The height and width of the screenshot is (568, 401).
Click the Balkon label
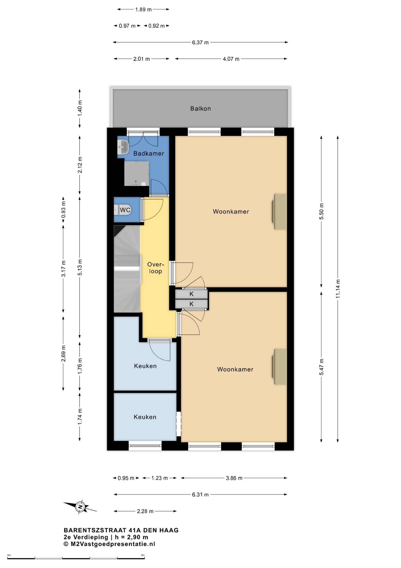tap(200, 109)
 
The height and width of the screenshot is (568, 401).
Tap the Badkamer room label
tap(149, 153)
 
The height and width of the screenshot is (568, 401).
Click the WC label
tap(125, 210)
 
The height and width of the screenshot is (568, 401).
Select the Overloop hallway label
tap(155, 268)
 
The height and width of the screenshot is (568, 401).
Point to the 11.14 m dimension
tap(338, 288)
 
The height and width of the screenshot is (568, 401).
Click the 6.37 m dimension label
tap(200, 42)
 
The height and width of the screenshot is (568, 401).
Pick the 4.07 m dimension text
tap(231, 59)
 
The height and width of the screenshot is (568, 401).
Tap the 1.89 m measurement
tap(143, 9)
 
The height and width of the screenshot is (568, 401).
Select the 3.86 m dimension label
tap(234, 478)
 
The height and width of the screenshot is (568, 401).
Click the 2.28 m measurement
tap(145, 511)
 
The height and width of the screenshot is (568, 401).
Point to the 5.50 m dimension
tap(321, 211)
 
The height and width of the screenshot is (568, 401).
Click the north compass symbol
tap(80, 507)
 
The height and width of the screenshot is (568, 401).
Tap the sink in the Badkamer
tap(123, 147)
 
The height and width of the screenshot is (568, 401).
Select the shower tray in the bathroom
tap(137, 174)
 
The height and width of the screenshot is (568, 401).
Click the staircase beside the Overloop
tap(127, 269)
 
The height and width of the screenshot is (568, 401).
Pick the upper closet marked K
tap(191, 294)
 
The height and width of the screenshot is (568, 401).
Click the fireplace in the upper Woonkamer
tap(279, 212)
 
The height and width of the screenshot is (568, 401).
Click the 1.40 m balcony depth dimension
tap(80, 108)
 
